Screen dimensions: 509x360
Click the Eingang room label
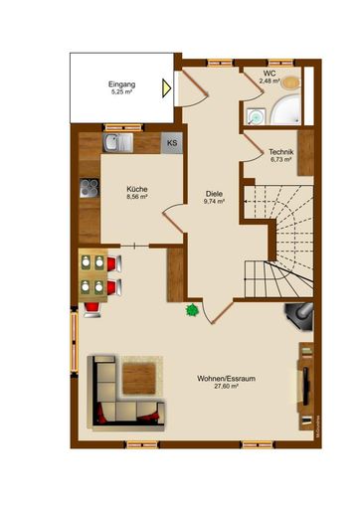coord(121,85)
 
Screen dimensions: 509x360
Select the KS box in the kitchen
coord(171,143)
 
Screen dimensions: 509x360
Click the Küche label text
coord(136,188)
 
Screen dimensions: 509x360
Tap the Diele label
coord(214,193)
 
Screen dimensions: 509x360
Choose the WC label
coord(270,74)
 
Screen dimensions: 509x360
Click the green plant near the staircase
coord(191,311)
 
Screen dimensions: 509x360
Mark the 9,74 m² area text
coord(214,202)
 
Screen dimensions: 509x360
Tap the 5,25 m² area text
coord(121,93)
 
